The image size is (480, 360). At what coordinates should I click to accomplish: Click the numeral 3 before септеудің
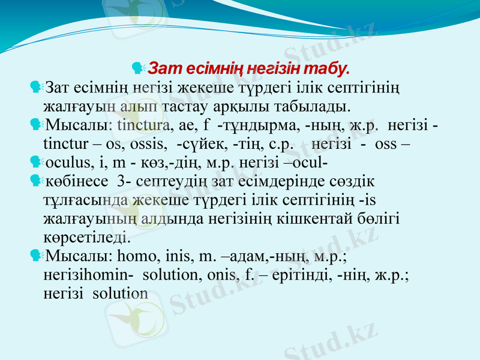click(122, 181)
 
